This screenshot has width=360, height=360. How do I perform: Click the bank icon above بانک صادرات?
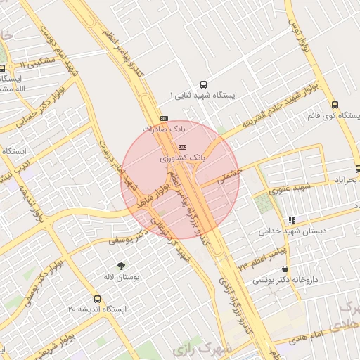pyautogui.click(x=165, y=118)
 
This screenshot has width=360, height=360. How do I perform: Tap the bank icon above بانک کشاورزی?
pyautogui.click(x=183, y=147)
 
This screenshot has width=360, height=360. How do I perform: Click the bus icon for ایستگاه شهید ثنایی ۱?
pyautogui.click(x=204, y=82)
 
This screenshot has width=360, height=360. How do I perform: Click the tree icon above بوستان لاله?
pyautogui.click(x=122, y=265)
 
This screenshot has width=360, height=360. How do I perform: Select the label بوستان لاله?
pyautogui.click(x=122, y=278)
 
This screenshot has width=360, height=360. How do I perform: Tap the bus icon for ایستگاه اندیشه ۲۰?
pyautogui.click(x=97, y=298)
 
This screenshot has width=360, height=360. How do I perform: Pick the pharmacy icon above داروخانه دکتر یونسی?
pyautogui.click(x=285, y=269)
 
